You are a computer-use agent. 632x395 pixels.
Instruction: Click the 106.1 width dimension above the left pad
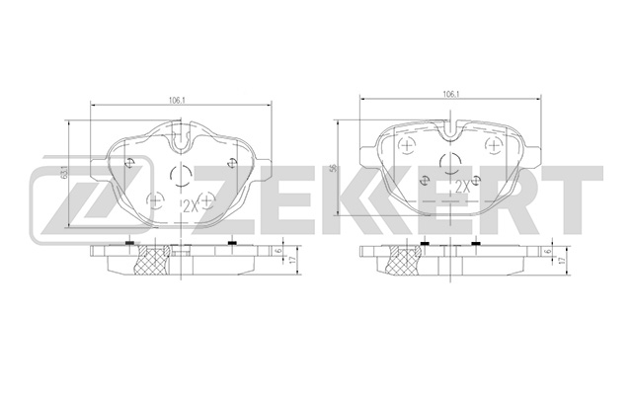[x=180, y=98]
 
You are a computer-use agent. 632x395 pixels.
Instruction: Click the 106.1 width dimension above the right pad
[x=449, y=93]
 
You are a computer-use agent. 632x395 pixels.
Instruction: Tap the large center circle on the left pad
[x=181, y=176]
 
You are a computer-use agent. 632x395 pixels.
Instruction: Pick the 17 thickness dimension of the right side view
[x=564, y=261]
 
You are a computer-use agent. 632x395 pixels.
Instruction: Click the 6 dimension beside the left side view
[x=279, y=253]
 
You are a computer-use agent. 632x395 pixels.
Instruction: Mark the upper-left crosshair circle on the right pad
[x=407, y=144]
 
